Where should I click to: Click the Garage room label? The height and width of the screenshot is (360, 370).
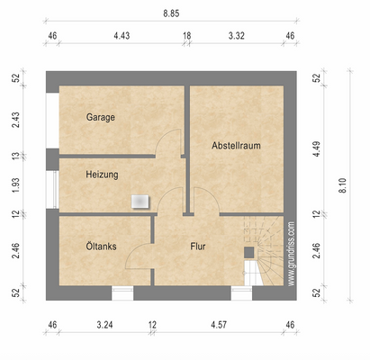tap(101, 117)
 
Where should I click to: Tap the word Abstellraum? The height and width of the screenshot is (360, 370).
tap(236, 146)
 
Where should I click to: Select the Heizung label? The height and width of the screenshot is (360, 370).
tap(102, 175)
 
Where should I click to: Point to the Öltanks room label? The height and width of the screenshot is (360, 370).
tap(101, 247)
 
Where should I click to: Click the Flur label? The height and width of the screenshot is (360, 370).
tap(198, 247)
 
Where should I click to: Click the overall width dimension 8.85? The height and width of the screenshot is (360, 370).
tap(171, 13)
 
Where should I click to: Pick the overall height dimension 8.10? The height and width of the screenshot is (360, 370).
tap(343, 185)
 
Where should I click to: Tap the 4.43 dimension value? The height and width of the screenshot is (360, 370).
tap(122, 36)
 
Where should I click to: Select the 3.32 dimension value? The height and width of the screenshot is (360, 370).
tap(237, 36)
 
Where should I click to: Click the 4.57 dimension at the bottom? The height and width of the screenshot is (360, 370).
tap(219, 325)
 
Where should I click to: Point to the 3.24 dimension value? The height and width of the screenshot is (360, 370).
tap(104, 325)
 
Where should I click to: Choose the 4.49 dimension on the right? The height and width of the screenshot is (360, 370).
tap(316, 149)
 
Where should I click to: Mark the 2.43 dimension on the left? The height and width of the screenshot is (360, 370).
tap(15, 120)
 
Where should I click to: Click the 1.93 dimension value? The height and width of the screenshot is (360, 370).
tap(15, 185)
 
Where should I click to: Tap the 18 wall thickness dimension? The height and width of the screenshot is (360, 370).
tap(187, 36)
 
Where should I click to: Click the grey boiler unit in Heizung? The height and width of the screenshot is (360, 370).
tap(140, 202)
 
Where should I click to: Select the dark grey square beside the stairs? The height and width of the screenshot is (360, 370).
tap(249, 252)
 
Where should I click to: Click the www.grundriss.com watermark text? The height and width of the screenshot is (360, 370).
tap(291, 254)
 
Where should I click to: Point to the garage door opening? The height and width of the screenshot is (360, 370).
tap(52, 121)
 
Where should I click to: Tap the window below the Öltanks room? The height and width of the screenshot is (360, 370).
tap(122, 293)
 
